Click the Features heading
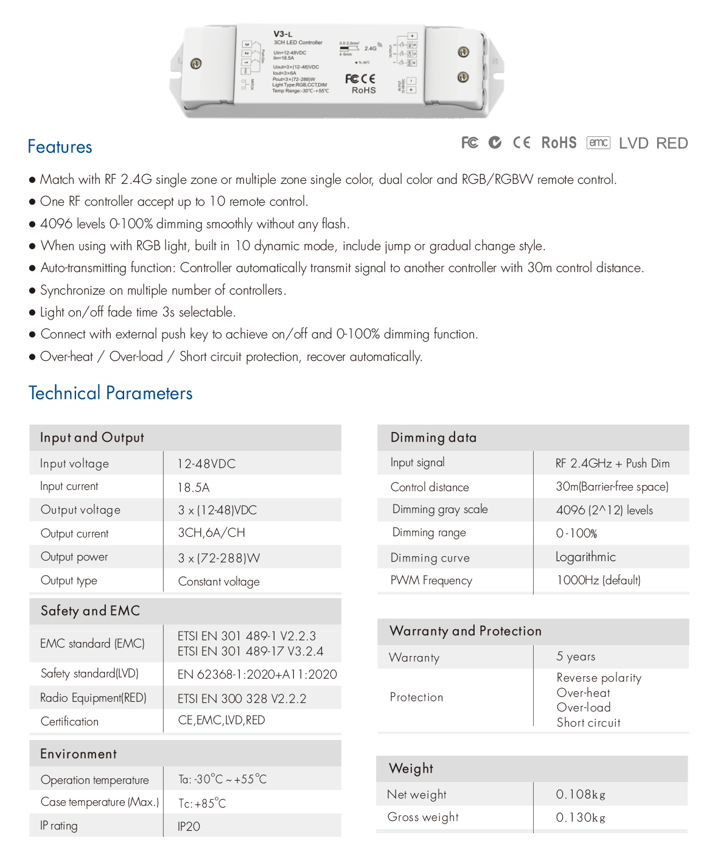60,147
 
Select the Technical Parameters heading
110,393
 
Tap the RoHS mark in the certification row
559,143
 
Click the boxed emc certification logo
598,142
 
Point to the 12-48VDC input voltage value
206,464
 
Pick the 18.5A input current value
194,487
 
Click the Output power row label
74,557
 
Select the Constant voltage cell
218,581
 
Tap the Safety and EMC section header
90,610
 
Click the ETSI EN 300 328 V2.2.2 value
242,699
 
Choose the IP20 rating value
189,826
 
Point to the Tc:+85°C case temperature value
202,803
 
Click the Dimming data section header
433,438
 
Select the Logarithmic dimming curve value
585,557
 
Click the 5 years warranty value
576,657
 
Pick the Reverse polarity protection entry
599,678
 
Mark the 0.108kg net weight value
581,794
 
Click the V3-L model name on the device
283,34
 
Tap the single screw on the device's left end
196,63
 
